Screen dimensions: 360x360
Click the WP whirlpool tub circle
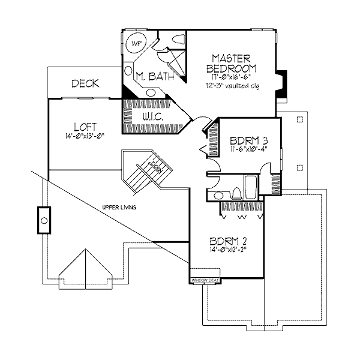pos(136,43)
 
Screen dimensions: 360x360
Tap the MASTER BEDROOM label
pos(235,62)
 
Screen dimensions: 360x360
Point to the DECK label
pos(85,84)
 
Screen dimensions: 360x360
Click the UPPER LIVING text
pos(119,208)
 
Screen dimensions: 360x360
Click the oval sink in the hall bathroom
pos(220,196)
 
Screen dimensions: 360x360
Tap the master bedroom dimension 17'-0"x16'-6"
pos(234,77)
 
